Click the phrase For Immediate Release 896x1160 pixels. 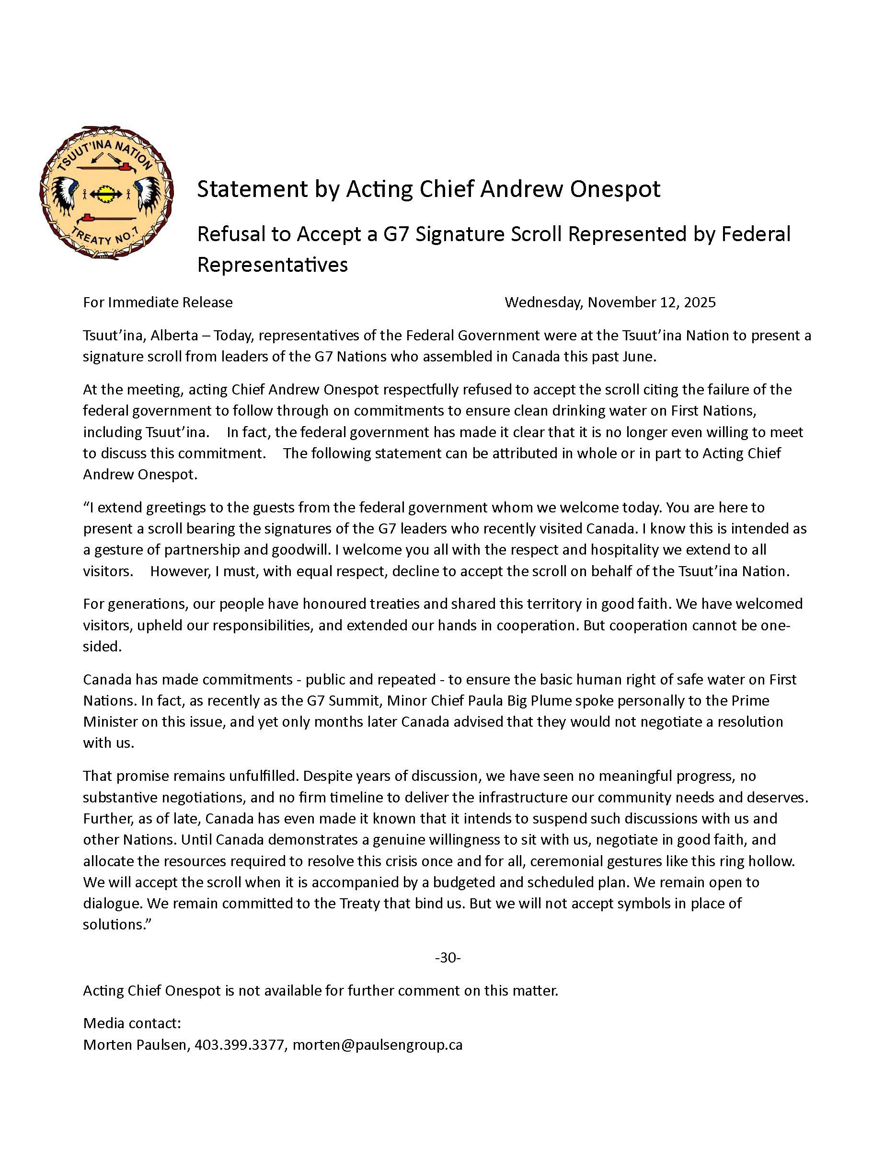tap(158, 302)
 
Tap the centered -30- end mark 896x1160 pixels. tap(448, 958)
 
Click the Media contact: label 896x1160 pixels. tap(132, 1023)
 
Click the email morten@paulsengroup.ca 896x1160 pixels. tap(378, 1045)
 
